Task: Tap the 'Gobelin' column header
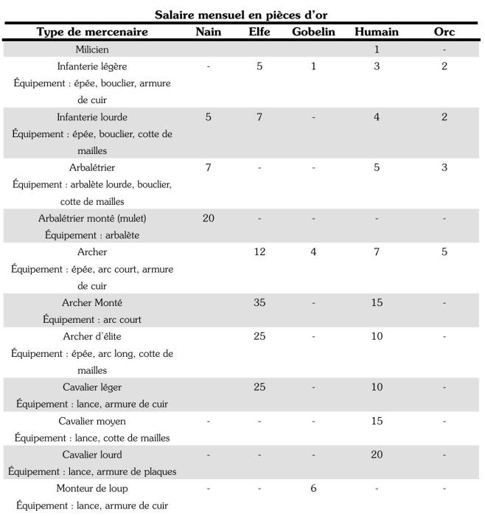coord(313,32)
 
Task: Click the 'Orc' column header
coord(445,32)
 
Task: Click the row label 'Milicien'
coord(93,49)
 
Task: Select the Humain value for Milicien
coord(377,49)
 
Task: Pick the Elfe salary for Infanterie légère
coord(259,67)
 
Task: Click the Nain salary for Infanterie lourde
coord(209,117)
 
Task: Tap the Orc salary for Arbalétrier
coord(445,167)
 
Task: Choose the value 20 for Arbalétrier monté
coord(209,218)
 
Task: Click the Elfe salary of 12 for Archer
coord(259,252)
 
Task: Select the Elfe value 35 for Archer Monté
coord(259,303)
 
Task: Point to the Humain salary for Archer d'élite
coord(377,337)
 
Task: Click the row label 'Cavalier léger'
coord(93,387)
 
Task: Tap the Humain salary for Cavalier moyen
coord(377,421)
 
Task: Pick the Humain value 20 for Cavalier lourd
coord(377,455)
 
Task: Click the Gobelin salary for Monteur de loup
coord(314,489)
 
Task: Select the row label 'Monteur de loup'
coord(93,489)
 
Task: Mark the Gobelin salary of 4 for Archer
coord(314,252)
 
